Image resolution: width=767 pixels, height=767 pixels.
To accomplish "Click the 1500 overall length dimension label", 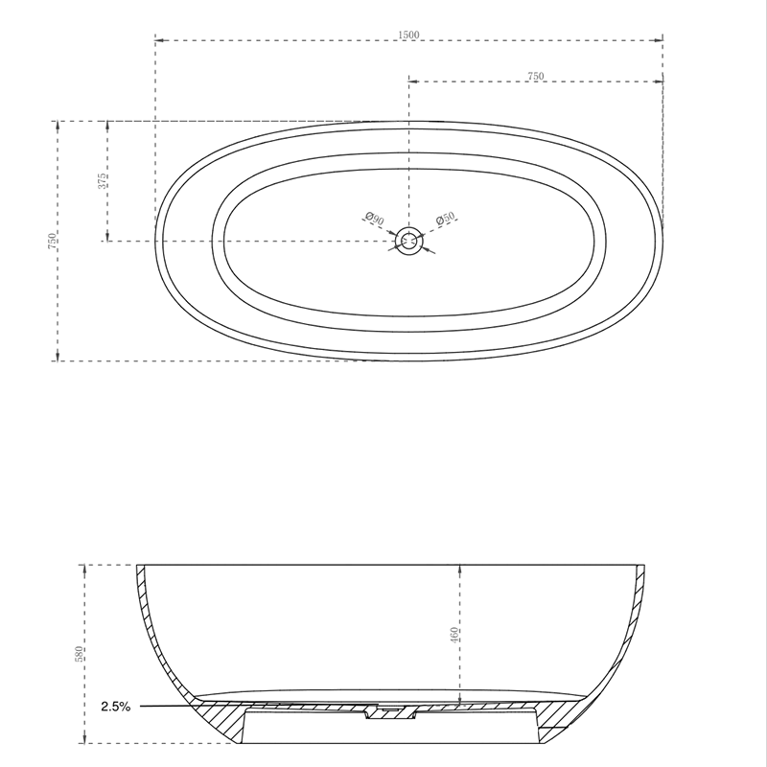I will (409, 35).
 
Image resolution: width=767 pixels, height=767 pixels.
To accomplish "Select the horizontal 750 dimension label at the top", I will (536, 76).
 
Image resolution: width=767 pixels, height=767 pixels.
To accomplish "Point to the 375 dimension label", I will (102, 180).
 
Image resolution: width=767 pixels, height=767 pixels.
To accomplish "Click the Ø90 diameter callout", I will (375, 220).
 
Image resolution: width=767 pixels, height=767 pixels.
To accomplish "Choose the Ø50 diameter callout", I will (446, 220).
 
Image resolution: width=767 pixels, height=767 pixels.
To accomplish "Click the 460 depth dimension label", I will (455, 635).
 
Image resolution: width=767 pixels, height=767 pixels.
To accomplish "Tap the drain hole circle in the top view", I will (409, 241).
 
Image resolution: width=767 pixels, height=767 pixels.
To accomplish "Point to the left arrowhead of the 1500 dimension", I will (158, 40).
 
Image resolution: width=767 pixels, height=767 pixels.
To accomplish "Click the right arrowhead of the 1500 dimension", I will (661, 40).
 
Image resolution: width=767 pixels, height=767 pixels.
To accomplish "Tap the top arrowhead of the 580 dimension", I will (86, 567).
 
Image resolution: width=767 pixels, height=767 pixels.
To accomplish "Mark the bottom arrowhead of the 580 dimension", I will (86, 740).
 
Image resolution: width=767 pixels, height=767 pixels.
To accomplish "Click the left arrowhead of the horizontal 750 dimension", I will (412, 81).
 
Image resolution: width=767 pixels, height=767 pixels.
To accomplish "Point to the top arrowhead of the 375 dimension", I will (107, 125).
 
